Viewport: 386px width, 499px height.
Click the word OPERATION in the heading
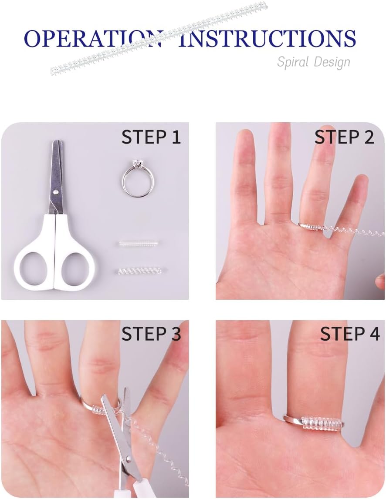point(93,39)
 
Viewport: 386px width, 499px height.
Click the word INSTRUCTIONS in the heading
point(267,39)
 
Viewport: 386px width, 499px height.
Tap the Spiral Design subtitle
point(314,62)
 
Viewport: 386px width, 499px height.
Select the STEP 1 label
point(151,137)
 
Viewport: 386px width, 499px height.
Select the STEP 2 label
point(344,137)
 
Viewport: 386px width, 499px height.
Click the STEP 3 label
point(151,334)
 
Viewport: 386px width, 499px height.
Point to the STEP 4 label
point(350,334)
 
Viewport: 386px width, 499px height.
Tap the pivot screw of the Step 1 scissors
point(56,192)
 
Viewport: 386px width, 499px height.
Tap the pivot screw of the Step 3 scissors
point(128,459)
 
